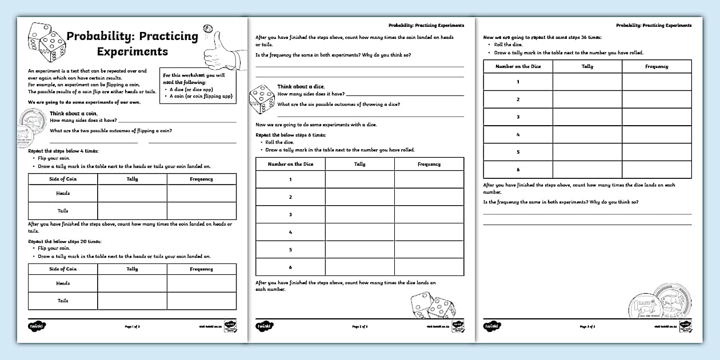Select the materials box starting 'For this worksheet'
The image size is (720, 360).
pyautogui.click(x=198, y=86)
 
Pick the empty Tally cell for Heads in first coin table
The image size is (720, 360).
pyautogui.click(x=132, y=193)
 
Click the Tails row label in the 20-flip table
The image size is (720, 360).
pyautogui.click(x=63, y=301)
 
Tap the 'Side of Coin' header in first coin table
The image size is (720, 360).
pyautogui.click(x=63, y=179)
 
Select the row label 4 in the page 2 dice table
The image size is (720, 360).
pyautogui.click(x=290, y=232)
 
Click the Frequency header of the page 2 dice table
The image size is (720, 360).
pyautogui.click(x=429, y=164)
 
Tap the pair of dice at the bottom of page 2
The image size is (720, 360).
pyautogui.click(x=433, y=306)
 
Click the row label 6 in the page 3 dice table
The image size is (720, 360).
pyautogui.click(x=518, y=170)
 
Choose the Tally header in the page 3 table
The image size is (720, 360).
pyautogui.click(x=587, y=66)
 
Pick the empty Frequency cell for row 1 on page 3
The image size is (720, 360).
pyautogui.click(x=657, y=82)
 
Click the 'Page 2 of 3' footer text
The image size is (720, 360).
pyautogui.click(x=360, y=327)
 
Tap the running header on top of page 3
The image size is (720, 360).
pyautogui.click(x=654, y=26)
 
